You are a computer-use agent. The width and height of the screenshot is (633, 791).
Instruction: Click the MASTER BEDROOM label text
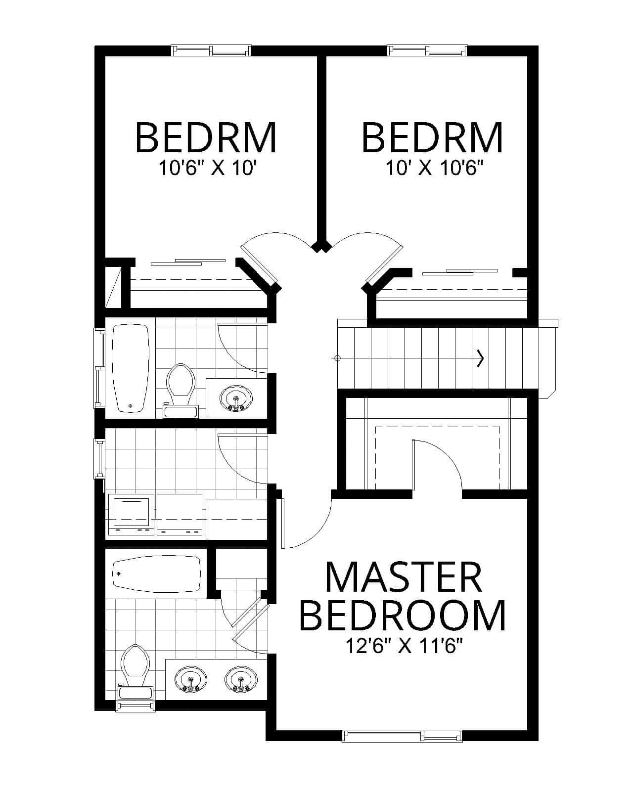[x=403, y=596]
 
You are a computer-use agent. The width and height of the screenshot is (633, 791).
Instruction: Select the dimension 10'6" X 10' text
[x=206, y=169]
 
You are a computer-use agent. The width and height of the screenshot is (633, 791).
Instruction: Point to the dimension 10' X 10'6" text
[x=434, y=169]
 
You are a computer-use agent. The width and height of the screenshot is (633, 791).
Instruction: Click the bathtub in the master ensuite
[x=156, y=574]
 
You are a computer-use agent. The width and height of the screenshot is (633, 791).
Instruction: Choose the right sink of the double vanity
[x=241, y=680]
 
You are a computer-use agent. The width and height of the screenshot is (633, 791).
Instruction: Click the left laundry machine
[x=131, y=515]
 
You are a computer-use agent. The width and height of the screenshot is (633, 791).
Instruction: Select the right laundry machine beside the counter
[x=180, y=515]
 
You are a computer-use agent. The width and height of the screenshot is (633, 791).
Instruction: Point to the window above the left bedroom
[x=211, y=50]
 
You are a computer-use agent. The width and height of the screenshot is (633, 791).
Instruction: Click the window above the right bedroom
[x=427, y=50]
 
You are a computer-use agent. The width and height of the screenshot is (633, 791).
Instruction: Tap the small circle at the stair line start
[x=338, y=358]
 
